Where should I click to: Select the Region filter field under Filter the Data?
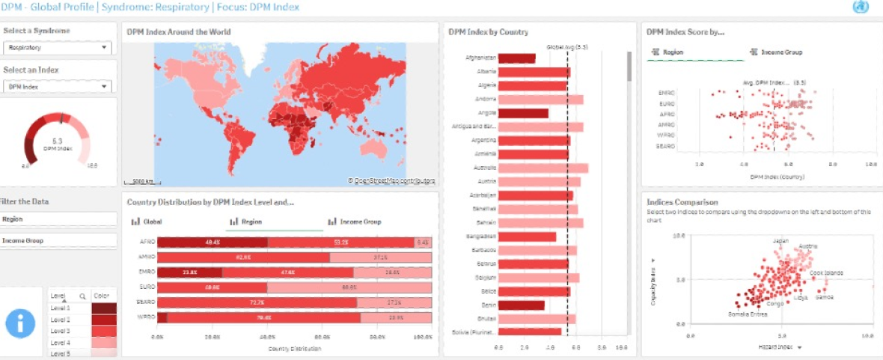point(58,219)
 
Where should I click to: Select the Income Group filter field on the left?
point(58,241)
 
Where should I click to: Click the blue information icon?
point(21,323)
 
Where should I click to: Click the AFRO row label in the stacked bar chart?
point(147,242)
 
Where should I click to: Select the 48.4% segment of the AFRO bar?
point(213,242)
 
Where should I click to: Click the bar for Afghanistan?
point(516,58)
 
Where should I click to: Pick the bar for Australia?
point(543,168)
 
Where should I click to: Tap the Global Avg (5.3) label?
point(567,47)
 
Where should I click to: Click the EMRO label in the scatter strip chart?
point(667,93)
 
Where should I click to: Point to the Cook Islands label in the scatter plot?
point(826,273)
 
